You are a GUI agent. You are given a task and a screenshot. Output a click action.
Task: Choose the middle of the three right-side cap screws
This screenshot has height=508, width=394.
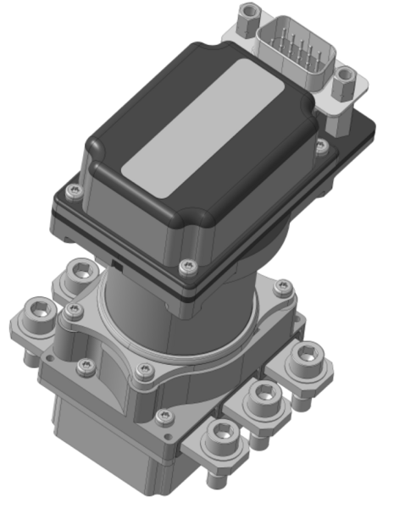(x=265, y=393)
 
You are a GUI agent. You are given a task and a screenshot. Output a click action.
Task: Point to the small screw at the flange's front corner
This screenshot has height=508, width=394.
(x=147, y=370)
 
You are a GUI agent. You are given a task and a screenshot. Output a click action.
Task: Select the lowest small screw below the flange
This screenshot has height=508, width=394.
(x=164, y=416)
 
